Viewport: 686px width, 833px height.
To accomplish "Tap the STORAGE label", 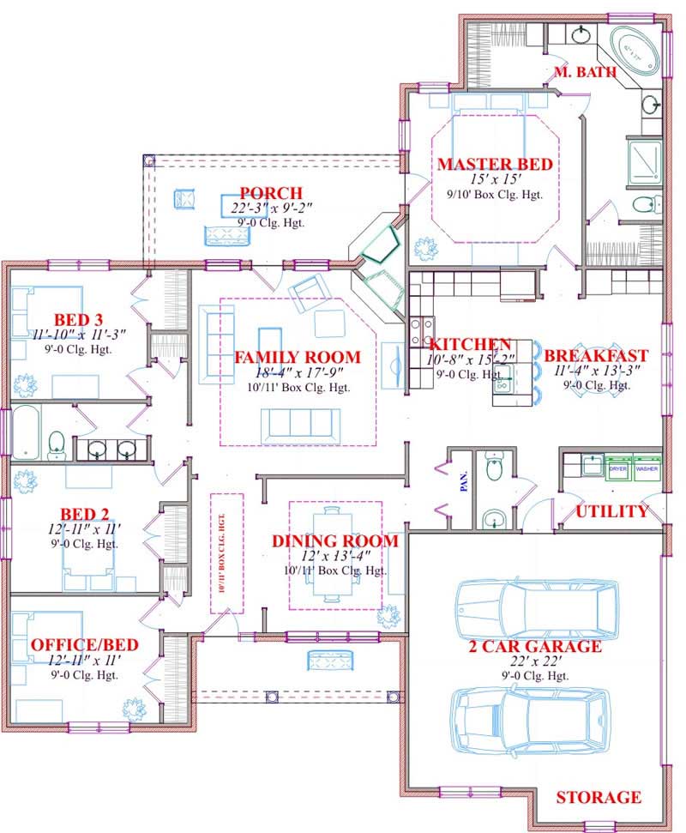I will click(x=599, y=798).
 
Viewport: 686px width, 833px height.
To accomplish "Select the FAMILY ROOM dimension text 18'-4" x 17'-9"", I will click(x=298, y=373).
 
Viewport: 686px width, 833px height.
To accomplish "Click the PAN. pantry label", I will click(x=464, y=485).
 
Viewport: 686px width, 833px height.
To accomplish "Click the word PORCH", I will click(x=271, y=193).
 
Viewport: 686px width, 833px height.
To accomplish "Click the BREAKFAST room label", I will click(x=596, y=355).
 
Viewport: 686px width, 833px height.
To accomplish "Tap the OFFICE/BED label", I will click(x=84, y=645).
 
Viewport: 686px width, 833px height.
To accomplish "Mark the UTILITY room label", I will click(x=611, y=512).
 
